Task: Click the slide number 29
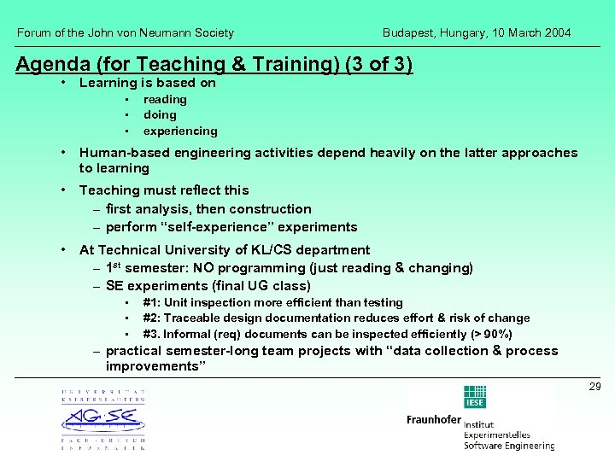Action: (594, 387)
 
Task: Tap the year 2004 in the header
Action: (557, 33)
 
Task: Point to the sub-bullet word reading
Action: (165, 100)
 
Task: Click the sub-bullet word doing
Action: (160, 115)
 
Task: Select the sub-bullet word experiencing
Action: (180, 131)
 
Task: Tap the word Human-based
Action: (122, 153)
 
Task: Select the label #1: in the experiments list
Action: (152, 303)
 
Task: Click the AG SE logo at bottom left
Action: (102, 419)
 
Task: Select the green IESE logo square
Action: (475, 397)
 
